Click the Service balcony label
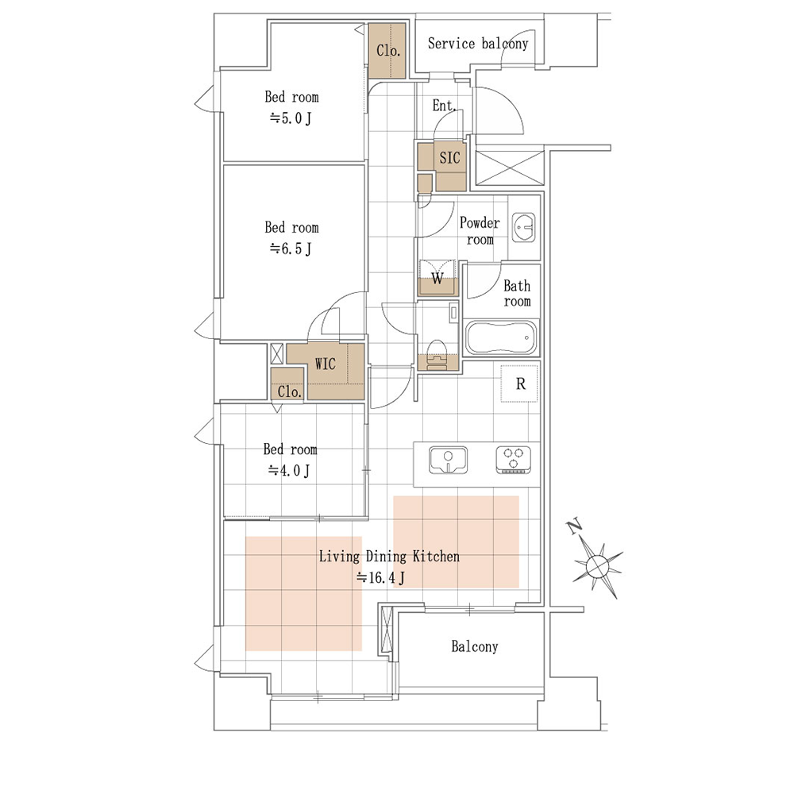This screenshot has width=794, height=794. [477, 44]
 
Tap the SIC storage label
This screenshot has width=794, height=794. [449, 158]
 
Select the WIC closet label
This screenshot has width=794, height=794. [325, 364]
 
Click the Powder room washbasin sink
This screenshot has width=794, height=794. [523, 227]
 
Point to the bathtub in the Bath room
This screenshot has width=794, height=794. [501, 337]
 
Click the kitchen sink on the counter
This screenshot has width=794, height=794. [448, 460]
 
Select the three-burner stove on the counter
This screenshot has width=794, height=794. [513, 460]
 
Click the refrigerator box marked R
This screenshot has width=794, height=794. [519, 384]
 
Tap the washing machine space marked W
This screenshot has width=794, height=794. [437, 278]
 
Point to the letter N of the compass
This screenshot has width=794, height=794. [574, 527]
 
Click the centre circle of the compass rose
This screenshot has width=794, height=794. [597, 565]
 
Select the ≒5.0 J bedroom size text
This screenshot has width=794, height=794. [290, 118]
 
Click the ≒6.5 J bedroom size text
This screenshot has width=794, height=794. [290, 249]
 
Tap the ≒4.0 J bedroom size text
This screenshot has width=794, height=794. [289, 471]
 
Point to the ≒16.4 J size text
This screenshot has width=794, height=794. [381, 578]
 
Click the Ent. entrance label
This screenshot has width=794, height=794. [444, 106]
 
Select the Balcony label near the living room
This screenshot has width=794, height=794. [475, 646]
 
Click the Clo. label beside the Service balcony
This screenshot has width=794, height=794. [388, 51]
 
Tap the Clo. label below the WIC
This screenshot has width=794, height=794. [289, 391]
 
